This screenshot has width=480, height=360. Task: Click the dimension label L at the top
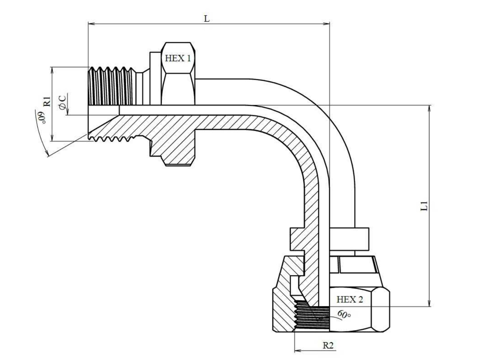[x=207, y=19]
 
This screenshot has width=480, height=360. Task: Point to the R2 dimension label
[x=328, y=345]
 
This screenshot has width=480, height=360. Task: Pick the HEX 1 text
[x=178, y=58]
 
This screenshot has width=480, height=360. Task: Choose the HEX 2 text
[x=350, y=299]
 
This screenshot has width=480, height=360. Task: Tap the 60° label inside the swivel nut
[x=344, y=314]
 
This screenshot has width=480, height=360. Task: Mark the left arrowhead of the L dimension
[x=91, y=24]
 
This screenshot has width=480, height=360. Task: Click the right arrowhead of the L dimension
[x=326, y=24]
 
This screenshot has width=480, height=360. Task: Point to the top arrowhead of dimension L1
[x=429, y=108]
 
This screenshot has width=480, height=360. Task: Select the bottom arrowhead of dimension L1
[x=429, y=303]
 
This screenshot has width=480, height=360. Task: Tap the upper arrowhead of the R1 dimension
[x=52, y=70]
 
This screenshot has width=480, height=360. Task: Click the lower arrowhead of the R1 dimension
[x=52, y=138]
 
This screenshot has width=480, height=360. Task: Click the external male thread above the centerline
[x=111, y=86]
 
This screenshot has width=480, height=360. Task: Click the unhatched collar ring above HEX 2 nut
[x=349, y=239]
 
